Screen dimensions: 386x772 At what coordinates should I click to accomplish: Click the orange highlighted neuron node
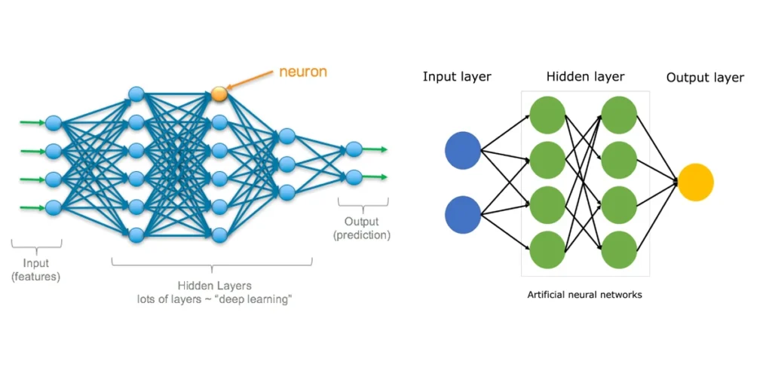pos(219,94)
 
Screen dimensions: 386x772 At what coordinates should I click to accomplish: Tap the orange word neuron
pos(304,72)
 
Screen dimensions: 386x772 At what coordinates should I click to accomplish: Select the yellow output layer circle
pos(695,182)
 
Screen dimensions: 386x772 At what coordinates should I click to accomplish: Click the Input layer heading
pos(457,77)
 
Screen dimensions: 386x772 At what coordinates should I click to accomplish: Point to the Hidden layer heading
pos(585,77)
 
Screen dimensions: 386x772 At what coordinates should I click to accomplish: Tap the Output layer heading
pos(705,78)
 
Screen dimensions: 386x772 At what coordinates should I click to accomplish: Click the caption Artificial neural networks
pos(584,295)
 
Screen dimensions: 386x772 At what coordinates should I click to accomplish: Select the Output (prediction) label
pos(362,228)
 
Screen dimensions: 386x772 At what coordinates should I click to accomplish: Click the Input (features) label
pos(35,270)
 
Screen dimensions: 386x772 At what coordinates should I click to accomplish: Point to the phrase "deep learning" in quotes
pos(255,299)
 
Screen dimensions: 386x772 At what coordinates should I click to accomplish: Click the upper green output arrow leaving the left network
pos(375,149)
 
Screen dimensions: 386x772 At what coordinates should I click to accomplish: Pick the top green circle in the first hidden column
pos(547,115)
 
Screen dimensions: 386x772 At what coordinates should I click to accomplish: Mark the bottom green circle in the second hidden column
pos(619,250)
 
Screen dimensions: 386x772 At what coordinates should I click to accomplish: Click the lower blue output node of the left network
pos(354,177)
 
